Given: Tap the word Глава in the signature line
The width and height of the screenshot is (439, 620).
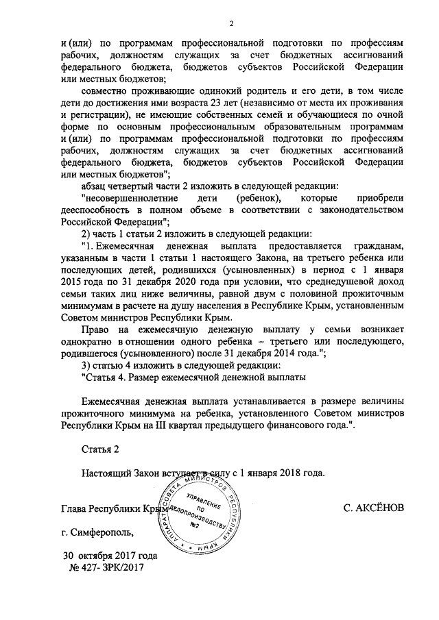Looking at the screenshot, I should click(x=75, y=509).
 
